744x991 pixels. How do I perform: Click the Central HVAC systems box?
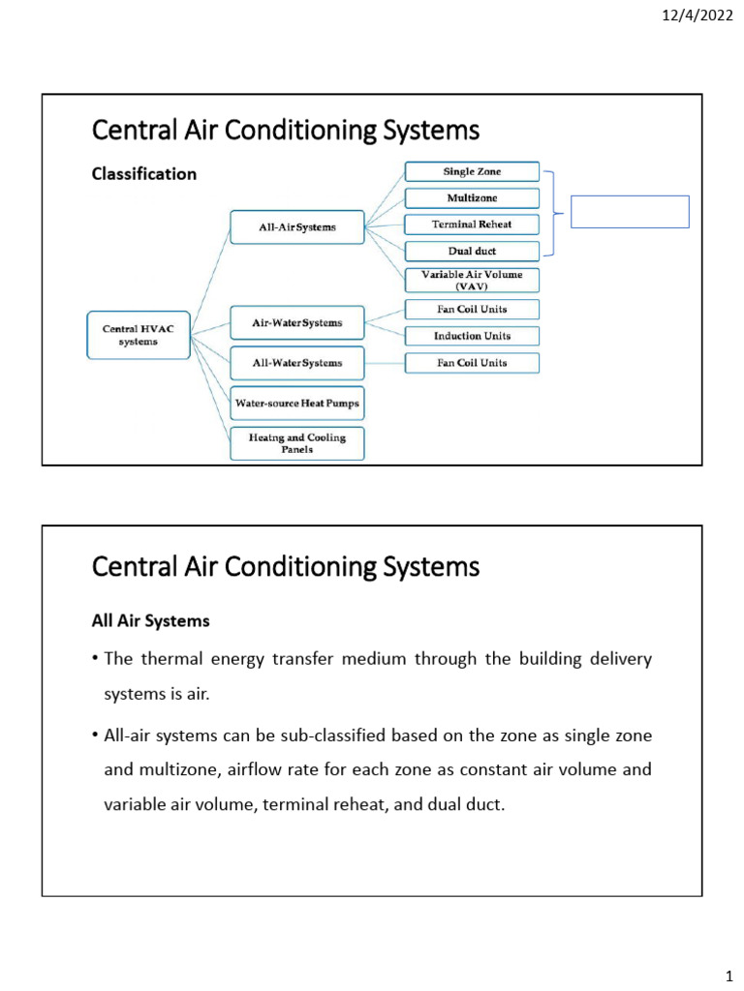tap(138, 335)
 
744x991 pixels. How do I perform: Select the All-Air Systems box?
tap(297, 228)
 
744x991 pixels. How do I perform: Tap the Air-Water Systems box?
tap(297, 322)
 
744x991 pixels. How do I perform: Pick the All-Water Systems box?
tap(297, 363)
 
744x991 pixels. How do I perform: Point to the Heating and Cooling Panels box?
tap(297, 443)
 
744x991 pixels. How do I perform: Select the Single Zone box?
tap(472, 172)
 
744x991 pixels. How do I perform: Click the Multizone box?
tap(472, 198)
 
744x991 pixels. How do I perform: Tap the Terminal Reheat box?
tap(472, 225)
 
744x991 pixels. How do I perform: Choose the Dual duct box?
tap(472, 251)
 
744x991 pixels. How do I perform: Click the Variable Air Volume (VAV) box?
tap(472, 280)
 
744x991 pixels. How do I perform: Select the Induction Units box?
tap(472, 336)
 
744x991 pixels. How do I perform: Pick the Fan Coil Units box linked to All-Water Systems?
tap(472, 363)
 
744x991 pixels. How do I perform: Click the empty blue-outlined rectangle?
tap(630, 212)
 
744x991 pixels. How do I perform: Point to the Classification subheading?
tap(143, 174)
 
